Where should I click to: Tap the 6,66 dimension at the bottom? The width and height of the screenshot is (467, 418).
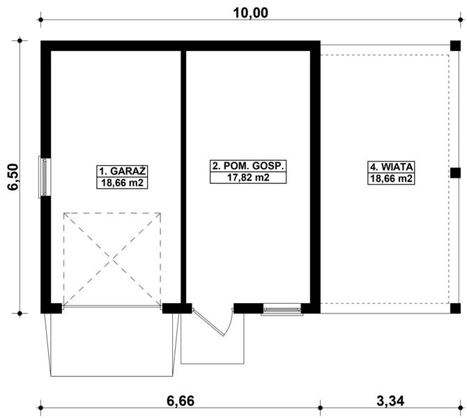click(178, 401)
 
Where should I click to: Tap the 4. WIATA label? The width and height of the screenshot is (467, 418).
click(392, 167)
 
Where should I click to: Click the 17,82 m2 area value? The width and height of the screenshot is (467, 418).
click(249, 178)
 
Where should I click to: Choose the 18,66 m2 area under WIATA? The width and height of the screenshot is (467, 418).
click(392, 179)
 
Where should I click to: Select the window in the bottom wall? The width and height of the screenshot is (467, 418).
click(282, 309)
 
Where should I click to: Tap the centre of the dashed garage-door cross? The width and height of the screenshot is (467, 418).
click(113, 258)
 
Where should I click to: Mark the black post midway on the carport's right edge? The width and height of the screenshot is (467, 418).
click(455, 172)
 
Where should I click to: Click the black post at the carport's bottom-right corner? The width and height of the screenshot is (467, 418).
click(455, 307)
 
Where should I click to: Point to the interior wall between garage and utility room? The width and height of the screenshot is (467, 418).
click(184, 174)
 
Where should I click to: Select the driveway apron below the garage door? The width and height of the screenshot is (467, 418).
click(112, 341)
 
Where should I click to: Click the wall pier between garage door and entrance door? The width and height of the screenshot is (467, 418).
click(176, 307)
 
